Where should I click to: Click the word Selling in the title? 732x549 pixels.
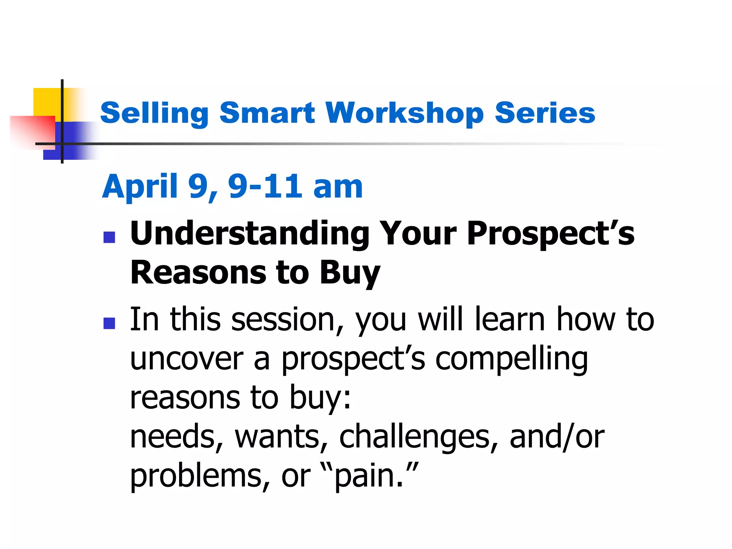[154, 113]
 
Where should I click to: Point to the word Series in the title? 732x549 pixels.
[545, 113]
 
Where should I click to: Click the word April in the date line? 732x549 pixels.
[140, 187]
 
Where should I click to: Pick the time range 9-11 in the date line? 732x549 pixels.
[265, 187]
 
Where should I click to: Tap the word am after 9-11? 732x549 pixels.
[338, 187]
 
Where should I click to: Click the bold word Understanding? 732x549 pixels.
[249, 234]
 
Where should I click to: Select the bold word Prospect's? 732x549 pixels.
[550, 234]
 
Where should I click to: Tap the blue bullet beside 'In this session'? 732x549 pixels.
[109, 323]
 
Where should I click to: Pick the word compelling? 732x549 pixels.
[511, 359]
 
